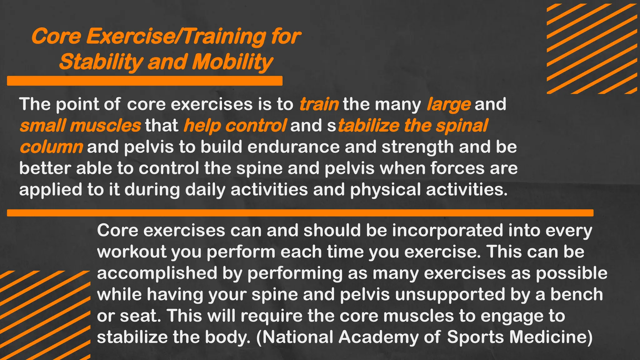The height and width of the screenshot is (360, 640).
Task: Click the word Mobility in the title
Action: pos(232,62)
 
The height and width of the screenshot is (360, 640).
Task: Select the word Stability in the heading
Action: pos(101,62)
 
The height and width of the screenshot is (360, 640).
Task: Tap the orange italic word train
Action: pos(319,104)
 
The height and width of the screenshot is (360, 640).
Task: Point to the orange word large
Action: pos(448,104)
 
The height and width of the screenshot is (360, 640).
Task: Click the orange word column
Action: pos(51,147)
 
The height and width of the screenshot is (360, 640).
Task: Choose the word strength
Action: pos(417,147)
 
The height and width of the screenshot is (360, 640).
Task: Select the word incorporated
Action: pos(447,231)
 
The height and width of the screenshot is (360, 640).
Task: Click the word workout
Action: pos(132,252)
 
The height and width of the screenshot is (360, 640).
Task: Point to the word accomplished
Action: pos(157,273)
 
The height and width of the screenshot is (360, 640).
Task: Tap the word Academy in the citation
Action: pos(378,337)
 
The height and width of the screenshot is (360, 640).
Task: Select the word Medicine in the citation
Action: pos(551,337)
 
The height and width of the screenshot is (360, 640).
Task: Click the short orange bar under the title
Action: pos(145,81)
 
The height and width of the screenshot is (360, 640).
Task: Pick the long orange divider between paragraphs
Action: pos(300,213)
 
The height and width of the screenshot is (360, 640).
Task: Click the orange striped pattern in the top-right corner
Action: pos(592,48)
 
